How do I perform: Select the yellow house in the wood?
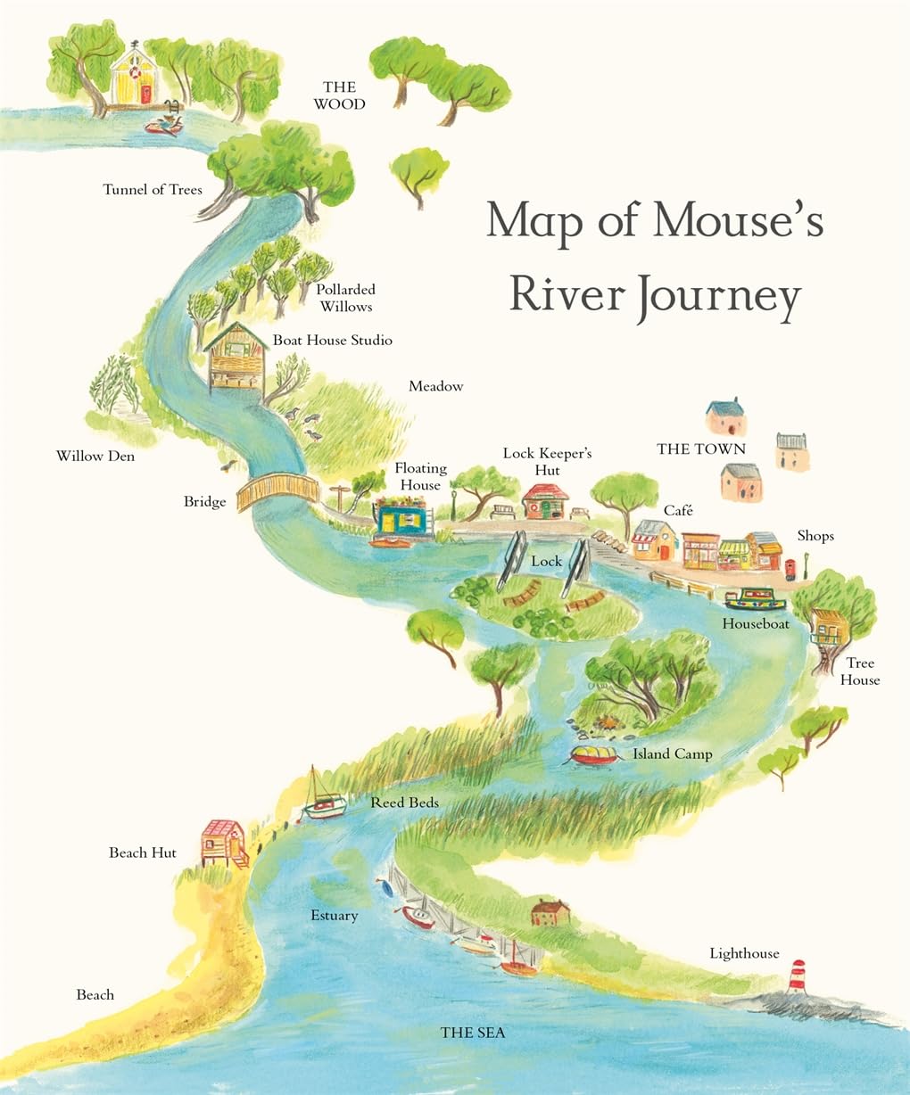pos(133,78)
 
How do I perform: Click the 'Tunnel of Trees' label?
pos(153,190)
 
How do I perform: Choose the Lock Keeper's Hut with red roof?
pos(545,502)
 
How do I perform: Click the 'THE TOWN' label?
pos(701,449)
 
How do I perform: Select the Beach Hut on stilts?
pos(222,842)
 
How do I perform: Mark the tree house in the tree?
pos(828,627)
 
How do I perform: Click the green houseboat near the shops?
pos(755,599)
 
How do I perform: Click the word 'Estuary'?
pos(334,916)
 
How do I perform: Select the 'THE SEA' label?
pos(473,1033)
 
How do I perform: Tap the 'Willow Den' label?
pos(95,457)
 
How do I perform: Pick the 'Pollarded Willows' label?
pos(345,298)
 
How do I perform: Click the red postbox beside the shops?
pos(789,567)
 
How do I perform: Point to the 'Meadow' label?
pos(436,386)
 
